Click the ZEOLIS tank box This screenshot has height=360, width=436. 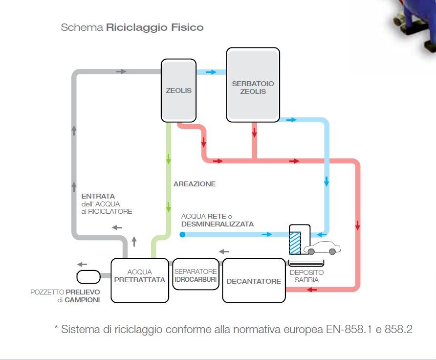(x=178, y=90)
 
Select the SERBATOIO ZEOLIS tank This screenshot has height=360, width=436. (x=253, y=85)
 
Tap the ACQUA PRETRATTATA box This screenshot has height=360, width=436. (x=140, y=280)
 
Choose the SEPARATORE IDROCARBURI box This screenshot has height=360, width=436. (x=196, y=274)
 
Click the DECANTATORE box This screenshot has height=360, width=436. (x=254, y=280)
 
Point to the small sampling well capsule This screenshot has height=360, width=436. (x=88, y=277)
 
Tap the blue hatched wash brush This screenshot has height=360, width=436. (x=295, y=243)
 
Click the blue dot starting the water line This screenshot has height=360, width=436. (x=182, y=234)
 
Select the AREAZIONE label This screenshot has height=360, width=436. (x=195, y=184)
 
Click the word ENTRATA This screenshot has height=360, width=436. (x=98, y=196)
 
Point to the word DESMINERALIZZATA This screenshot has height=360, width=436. (x=218, y=224)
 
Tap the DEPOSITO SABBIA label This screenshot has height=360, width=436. (x=306, y=276)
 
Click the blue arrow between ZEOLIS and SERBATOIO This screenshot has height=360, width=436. (x=211, y=72)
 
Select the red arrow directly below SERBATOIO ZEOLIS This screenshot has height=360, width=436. (x=255, y=133)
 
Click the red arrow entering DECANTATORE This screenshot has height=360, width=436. (x=312, y=290)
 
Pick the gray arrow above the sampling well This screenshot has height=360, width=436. (x=82, y=264)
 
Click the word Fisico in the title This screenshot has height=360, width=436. (x=187, y=27)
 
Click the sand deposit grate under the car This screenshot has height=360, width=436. (x=306, y=263)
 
